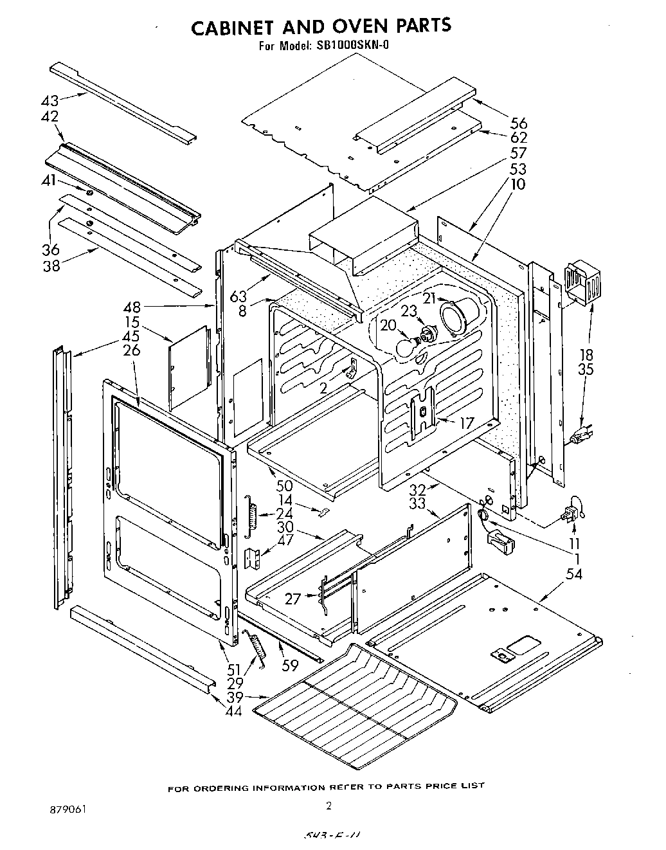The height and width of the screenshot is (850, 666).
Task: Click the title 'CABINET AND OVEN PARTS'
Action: pyautogui.click(x=322, y=26)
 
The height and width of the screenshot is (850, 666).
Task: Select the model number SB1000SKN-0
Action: pyautogui.click(x=352, y=46)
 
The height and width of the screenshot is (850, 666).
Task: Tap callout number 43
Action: pyautogui.click(x=50, y=100)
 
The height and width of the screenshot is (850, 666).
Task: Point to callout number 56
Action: pyautogui.click(x=519, y=123)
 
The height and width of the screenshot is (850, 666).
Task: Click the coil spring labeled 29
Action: pyautogui.click(x=257, y=649)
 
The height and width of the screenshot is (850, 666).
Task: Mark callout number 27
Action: pyautogui.click(x=293, y=598)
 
